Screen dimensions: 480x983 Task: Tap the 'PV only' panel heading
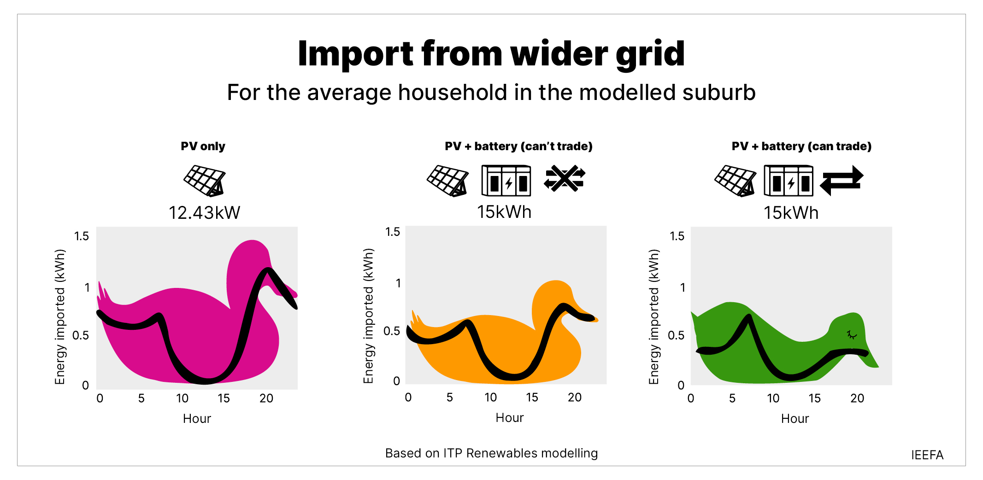203,146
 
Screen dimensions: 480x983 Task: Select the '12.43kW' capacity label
204,213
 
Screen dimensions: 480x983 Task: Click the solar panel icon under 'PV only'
205,181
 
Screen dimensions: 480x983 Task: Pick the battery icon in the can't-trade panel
506,181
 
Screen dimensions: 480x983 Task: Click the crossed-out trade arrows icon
564,179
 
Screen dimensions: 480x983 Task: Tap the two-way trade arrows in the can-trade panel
842,181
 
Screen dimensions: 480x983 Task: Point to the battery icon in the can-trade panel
789,181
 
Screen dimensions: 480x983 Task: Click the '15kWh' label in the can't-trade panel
504,212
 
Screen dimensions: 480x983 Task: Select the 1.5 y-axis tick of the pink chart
82,236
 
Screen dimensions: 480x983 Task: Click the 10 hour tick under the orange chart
490,398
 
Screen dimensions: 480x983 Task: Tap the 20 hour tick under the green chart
857,398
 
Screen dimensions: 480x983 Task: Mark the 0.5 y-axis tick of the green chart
676,335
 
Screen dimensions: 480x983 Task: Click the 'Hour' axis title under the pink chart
197,419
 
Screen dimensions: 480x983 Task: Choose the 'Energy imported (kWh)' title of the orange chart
368,316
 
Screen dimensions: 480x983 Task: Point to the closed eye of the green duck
851,335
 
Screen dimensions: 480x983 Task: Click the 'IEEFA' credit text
927,455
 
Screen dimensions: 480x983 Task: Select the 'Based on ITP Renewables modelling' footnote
491,453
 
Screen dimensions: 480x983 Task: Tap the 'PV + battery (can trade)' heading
801,146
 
